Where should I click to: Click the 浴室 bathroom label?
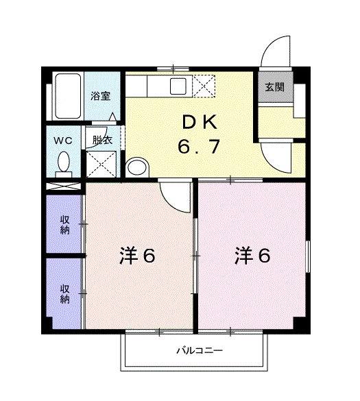click(x=101, y=96)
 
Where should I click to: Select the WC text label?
click(x=64, y=140)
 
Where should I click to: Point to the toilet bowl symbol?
click(x=64, y=163)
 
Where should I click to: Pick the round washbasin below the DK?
click(x=136, y=167)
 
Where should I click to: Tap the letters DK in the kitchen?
click(x=200, y=123)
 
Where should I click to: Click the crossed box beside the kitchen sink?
click(x=204, y=86)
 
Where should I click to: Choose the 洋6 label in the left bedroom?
click(x=137, y=256)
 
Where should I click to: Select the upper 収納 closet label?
click(x=64, y=225)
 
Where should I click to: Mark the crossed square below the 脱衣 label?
click(x=100, y=165)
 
